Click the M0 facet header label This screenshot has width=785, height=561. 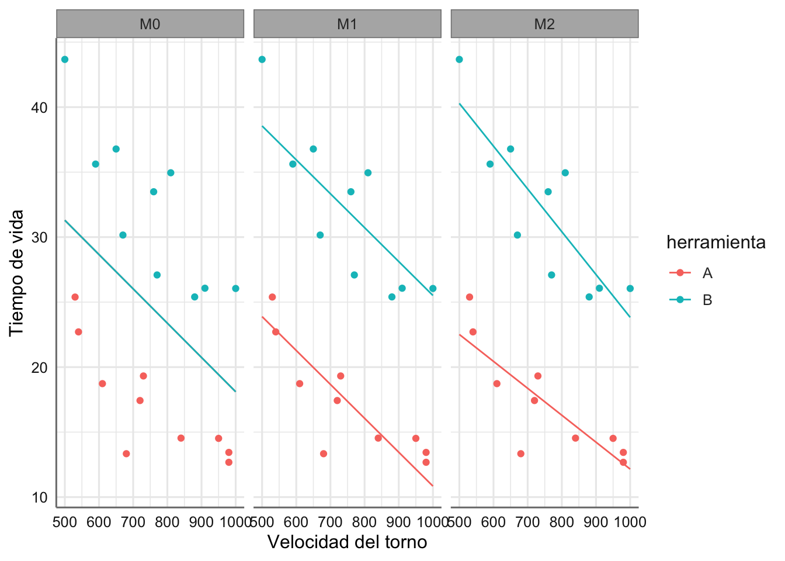[x=150, y=24]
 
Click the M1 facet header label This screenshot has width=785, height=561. [x=347, y=24]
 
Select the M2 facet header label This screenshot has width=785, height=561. [x=544, y=24]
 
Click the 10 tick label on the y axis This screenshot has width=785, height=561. [x=40, y=498]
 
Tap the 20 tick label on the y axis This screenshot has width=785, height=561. [x=40, y=368]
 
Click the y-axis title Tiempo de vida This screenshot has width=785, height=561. [x=17, y=272]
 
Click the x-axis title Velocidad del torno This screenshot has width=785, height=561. [x=347, y=542]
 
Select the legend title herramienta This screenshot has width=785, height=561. [x=715, y=242]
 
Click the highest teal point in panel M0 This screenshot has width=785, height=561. [x=65, y=60]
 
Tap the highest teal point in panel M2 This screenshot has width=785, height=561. [x=459, y=60]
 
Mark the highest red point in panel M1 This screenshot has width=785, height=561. [x=272, y=297]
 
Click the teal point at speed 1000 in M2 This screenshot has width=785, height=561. [x=630, y=289]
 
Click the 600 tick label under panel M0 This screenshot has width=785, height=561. [x=99, y=521]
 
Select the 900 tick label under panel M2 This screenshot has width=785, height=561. [x=596, y=521]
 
